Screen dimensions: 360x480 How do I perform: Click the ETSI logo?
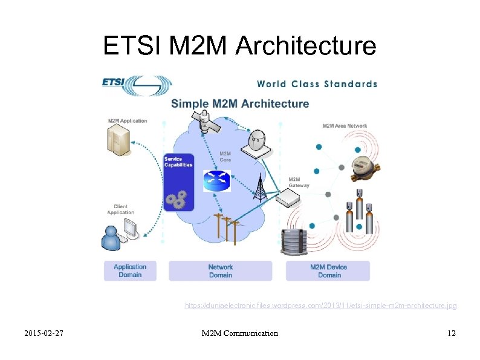pos(137,85)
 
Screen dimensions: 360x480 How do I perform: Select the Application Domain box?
pos(130,271)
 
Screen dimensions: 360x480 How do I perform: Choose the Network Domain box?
pos(220,271)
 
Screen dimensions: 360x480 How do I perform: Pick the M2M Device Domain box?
pos(329,271)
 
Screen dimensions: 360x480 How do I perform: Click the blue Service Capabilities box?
pos(178,181)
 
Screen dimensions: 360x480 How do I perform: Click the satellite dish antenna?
pos(259,143)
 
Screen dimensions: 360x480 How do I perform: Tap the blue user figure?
pos(112,238)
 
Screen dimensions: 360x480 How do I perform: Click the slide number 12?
pos(451,333)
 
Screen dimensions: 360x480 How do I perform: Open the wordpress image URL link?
pos(320,306)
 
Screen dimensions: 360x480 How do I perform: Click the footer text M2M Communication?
pos(240,333)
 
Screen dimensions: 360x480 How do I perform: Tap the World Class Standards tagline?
pos(317,84)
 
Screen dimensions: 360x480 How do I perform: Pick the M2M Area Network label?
pos(345,126)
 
